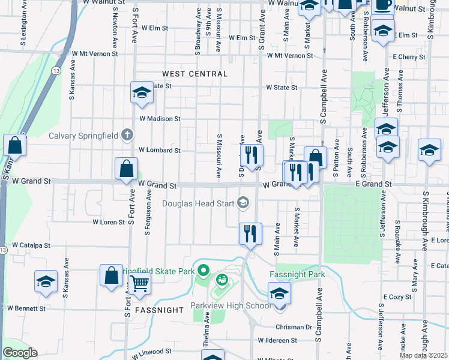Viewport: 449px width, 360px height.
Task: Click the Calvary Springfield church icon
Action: coord(127,135)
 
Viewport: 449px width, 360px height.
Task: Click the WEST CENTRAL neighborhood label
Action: coord(195,74)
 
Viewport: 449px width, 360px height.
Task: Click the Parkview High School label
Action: coord(231,305)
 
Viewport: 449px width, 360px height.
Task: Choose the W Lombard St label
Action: coord(160,150)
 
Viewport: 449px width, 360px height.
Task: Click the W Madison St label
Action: coord(160,119)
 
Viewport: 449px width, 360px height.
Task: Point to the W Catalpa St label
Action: coord(30,245)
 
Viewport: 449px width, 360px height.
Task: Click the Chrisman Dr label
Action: coord(294,327)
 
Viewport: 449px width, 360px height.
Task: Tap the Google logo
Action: coord(20,353)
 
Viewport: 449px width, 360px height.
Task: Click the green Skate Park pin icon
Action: coord(203,272)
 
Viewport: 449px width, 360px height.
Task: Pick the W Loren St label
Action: coord(108,222)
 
